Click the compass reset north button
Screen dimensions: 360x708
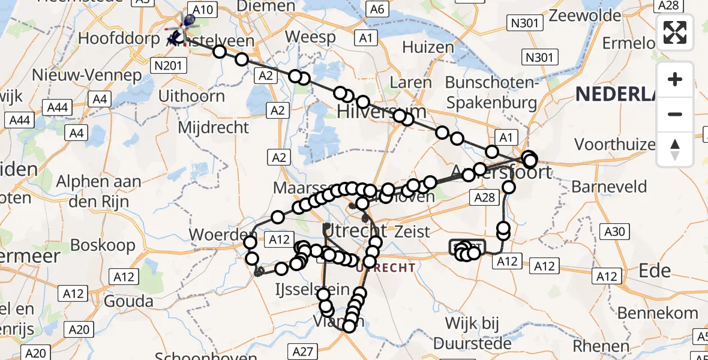click(x=675, y=149)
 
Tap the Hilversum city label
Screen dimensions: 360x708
click(x=382, y=112)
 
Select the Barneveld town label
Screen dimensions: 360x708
click(x=609, y=187)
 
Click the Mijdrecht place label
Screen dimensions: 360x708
click(x=214, y=127)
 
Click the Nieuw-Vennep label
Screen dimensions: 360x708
click(x=88, y=76)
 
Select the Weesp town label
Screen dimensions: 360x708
click(x=310, y=37)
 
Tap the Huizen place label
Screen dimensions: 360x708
click(x=428, y=48)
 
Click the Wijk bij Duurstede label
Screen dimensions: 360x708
click(x=473, y=334)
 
